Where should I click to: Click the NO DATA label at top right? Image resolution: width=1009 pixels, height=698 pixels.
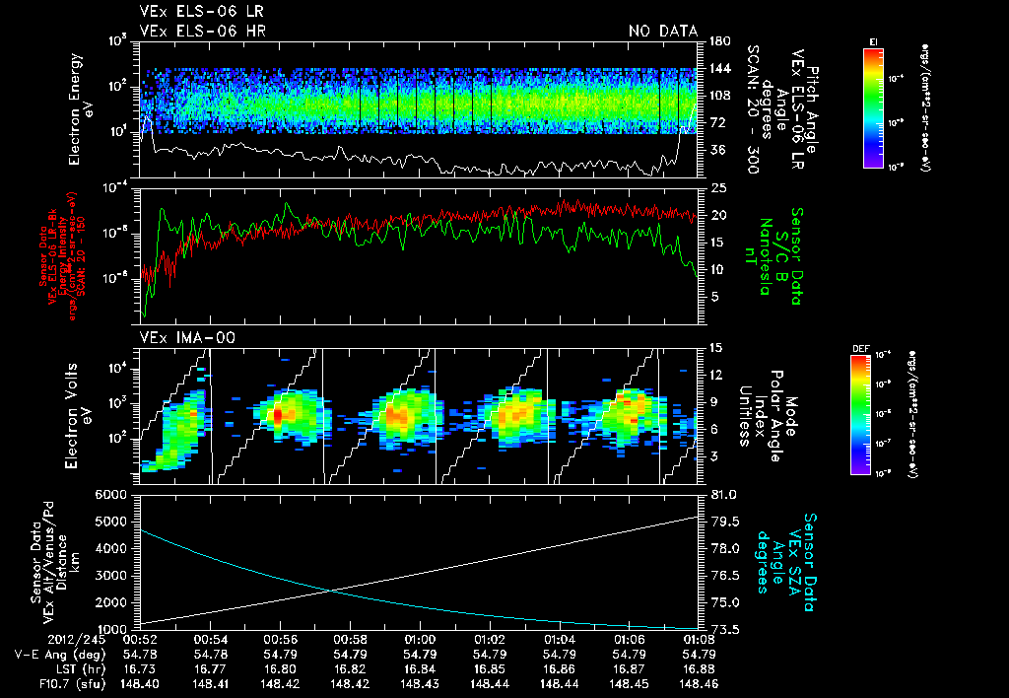(x=663, y=31)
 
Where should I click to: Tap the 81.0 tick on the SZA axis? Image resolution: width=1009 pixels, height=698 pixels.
(x=717, y=494)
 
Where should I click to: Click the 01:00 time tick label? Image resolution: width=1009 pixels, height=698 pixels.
(x=421, y=639)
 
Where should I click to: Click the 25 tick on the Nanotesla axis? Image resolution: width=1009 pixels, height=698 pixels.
(x=715, y=187)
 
